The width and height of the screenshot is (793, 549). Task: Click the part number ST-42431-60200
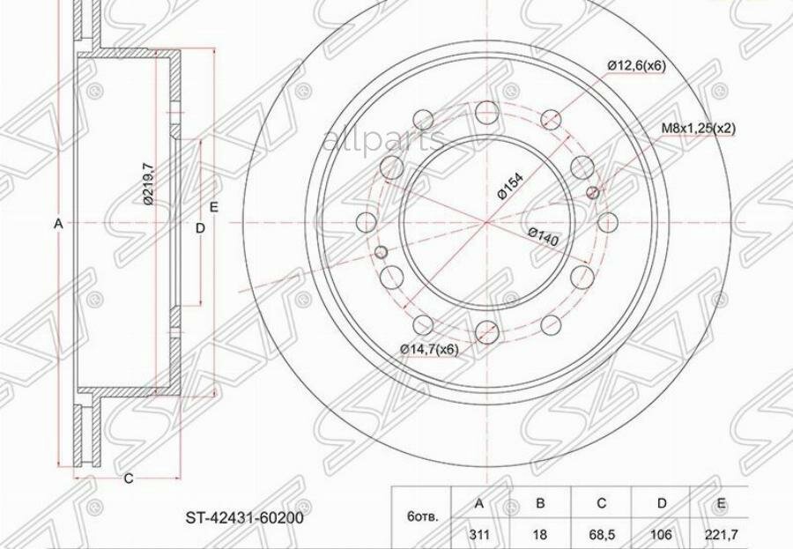[x=245, y=518]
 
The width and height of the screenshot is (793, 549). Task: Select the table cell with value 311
[x=479, y=534]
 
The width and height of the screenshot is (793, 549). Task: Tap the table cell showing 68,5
[x=601, y=534]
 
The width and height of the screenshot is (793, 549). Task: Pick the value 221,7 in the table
[x=723, y=534]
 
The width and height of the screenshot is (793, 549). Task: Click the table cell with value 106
[x=662, y=534]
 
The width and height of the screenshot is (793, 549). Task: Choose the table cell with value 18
[x=540, y=534]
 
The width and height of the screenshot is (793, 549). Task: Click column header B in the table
[x=540, y=503]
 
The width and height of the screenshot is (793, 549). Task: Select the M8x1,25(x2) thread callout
[x=699, y=128]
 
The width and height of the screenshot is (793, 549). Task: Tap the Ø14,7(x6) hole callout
[x=429, y=350]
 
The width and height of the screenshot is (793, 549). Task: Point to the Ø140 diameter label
[x=544, y=238]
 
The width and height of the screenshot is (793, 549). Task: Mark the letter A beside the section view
[x=58, y=224]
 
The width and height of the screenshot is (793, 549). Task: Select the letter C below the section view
[x=128, y=479]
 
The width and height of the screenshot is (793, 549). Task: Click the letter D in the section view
[x=200, y=228]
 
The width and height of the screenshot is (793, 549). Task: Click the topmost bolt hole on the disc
[x=485, y=111]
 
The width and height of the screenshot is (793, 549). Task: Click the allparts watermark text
[x=385, y=140]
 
